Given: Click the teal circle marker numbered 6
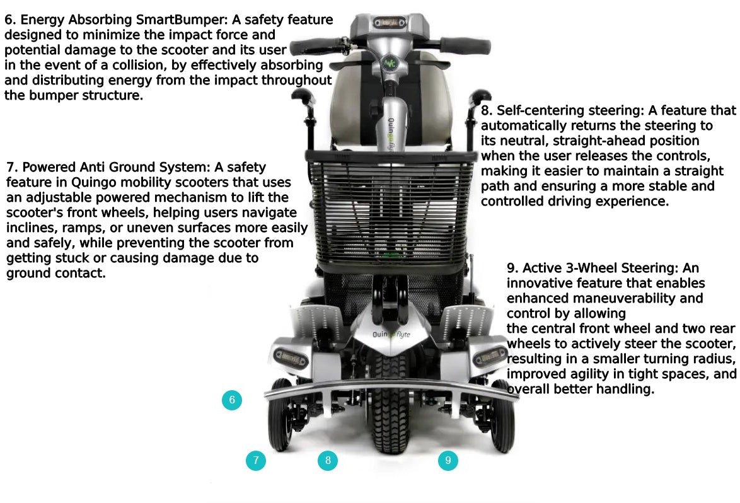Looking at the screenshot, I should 232,400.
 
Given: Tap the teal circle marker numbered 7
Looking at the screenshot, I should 255,461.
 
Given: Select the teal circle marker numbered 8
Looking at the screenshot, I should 328,461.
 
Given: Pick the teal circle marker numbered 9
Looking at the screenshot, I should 448,461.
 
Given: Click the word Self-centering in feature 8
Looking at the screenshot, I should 536,111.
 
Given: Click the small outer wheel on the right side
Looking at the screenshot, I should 502,416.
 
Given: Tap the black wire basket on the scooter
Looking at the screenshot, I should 391,214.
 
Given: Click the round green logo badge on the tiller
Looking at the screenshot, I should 391,64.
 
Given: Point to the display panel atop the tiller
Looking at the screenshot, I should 390,23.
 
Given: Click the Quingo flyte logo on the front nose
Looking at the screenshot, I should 391,335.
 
